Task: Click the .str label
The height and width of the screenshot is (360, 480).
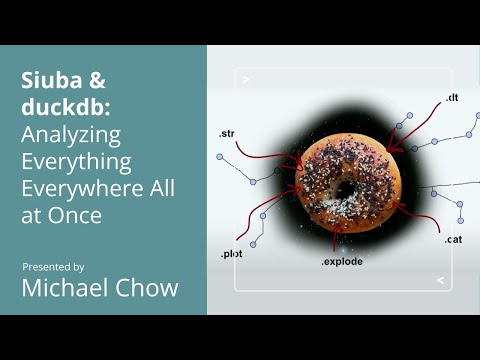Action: coord(227,133)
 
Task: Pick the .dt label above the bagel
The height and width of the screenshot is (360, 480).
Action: coord(451,97)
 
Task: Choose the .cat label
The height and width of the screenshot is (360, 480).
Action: coord(453,239)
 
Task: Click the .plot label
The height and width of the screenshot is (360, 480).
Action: coord(231,254)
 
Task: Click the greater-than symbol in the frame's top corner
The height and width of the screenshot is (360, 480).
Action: coord(246,78)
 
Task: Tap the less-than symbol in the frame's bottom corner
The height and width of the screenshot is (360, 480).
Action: coord(440,281)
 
